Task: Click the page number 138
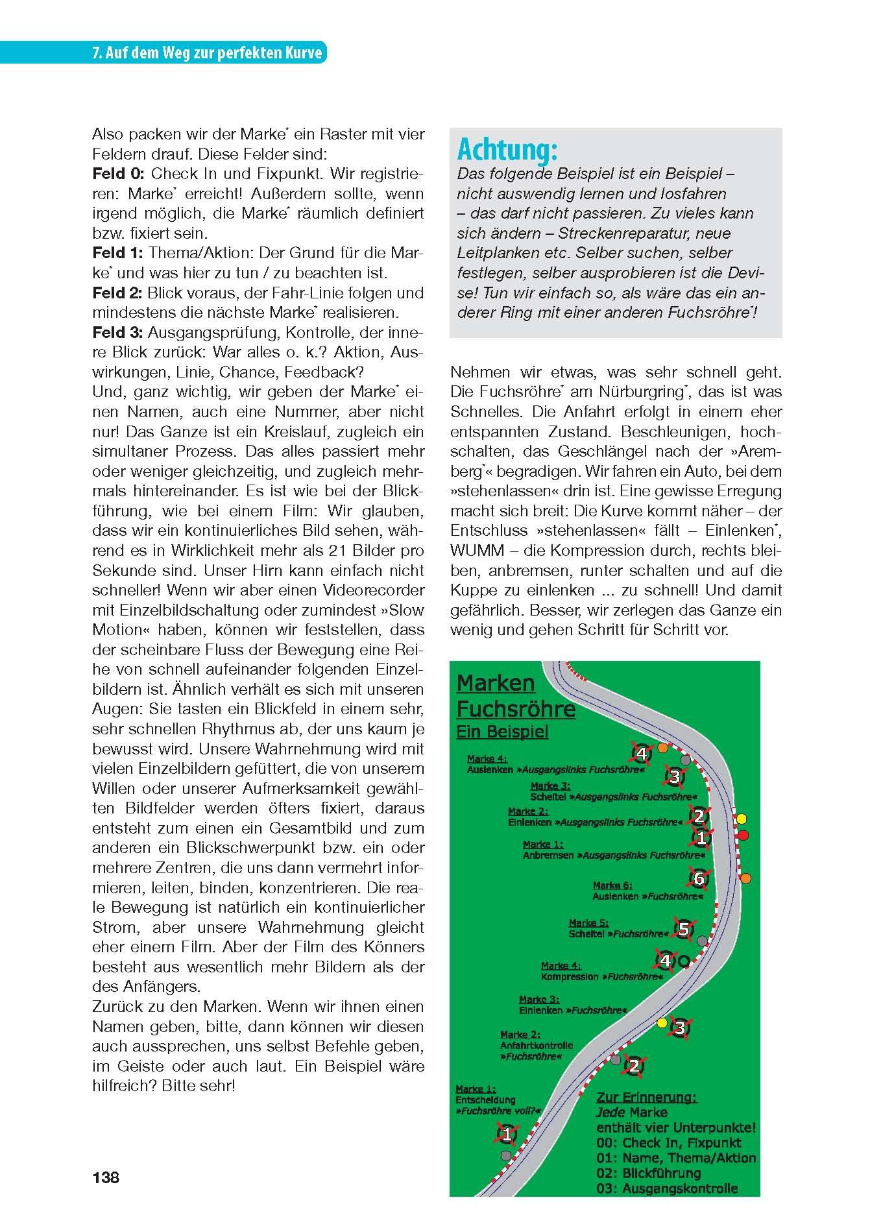pyautogui.click(x=106, y=1177)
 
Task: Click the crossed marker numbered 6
pyautogui.click(x=698, y=878)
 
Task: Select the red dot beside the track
pyautogui.click(x=743, y=834)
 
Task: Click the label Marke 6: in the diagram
pyautogui.click(x=612, y=885)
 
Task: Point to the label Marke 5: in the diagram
pyautogui.click(x=588, y=922)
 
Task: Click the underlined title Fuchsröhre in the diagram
pyautogui.click(x=516, y=709)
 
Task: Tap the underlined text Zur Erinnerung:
pyautogui.click(x=646, y=1098)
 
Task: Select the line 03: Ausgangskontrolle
pyautogui.click(x=667, y=1188)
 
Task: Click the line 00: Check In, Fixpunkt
pyautogui.click(x=668, y=1143)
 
